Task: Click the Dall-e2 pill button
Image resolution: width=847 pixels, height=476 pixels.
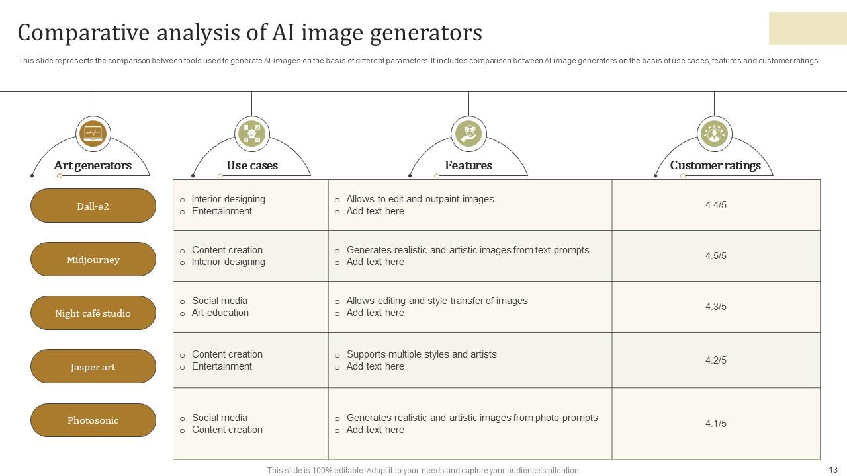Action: (x=93, y=206)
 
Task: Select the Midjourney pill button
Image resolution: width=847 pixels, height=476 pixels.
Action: (x=93, y=259)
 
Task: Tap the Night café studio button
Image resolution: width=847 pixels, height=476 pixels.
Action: (x=93, y=313)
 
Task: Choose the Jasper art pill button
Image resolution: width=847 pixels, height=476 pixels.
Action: (x=93, y=366)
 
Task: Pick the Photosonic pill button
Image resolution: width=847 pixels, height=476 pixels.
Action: (x=93, y=420)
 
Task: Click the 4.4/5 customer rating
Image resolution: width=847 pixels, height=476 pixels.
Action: (x=715, y=205)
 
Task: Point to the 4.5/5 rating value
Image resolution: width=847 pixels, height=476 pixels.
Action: (x=715, y=256)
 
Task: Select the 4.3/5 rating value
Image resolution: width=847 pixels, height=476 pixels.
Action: (x=715, y=307)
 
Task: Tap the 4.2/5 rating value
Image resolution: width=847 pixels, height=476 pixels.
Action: (x=715, y=360)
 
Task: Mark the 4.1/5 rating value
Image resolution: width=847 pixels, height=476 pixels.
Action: (x=715, y=424)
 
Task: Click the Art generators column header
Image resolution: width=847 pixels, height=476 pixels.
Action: (x=93, y=165)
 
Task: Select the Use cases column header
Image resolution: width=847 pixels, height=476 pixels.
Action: (x=251, y=165)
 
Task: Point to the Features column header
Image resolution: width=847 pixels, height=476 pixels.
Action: (x=468, y=165)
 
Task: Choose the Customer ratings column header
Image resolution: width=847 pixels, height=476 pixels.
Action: (x=715, y=165)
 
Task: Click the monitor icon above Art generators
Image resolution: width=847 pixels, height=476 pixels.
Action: (x=93, y=134)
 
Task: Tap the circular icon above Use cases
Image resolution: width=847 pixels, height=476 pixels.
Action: (x=251, y=134)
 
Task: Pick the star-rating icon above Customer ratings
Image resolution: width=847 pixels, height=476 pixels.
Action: (x=714, y=134)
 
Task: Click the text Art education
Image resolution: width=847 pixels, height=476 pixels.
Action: (x=220, y=313)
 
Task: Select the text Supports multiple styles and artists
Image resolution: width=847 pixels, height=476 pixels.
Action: (x=422, y=354)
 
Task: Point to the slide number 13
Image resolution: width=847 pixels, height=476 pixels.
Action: (x=832, y=470)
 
